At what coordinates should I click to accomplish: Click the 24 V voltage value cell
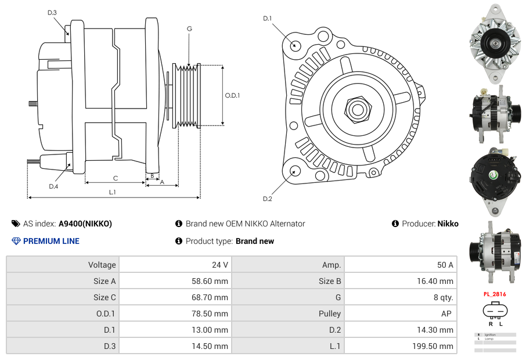click(x=219, y=265)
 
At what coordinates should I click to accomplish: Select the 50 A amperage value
click(x=445, y=265)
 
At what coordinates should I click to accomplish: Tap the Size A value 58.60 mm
click(x=212, y=281)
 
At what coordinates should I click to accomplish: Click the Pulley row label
click(x=330, y=314)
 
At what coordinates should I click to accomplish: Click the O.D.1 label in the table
click(x=106, y=314)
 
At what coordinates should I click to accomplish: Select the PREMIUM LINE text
click(x=51, y=241)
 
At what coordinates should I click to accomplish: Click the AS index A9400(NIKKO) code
click(x=85, y=224)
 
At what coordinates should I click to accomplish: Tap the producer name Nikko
click(x=448, y=224)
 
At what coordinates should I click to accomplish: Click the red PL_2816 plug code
click(x=495, y=294)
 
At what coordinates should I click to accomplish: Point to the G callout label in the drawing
click(x=189, y=28)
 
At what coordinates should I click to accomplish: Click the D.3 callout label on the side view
click(x=52, y=12)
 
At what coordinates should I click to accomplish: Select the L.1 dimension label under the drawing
click(x=113, y=192)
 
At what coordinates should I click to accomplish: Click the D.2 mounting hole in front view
click(x=295, y=171)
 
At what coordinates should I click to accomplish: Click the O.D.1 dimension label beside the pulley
click(x=232, y=96)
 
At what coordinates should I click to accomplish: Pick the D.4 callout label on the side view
click(x=53, y=186)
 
